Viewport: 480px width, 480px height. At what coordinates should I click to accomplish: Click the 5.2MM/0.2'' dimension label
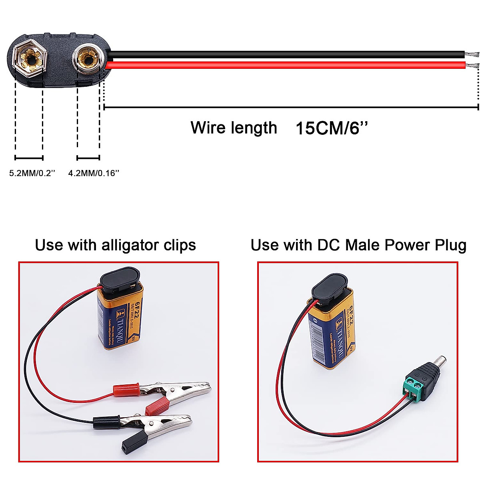pos(32,173)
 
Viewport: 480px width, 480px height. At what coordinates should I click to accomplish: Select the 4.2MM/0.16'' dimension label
pos(94,173)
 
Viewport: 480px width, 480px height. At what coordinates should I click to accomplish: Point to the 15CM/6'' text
pos(332,128)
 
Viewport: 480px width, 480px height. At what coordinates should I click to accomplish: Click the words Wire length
pos(234,128)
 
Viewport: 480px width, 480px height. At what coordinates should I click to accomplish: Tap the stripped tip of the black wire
pos(472,54)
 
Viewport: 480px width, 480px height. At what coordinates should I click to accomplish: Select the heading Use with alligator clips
pos(115,245)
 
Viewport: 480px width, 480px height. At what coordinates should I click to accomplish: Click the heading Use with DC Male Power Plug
pos(358,245)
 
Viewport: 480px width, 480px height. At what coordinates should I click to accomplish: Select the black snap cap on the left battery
pos(120,280)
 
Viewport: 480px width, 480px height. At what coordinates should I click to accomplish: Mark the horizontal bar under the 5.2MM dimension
pos(29,158)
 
